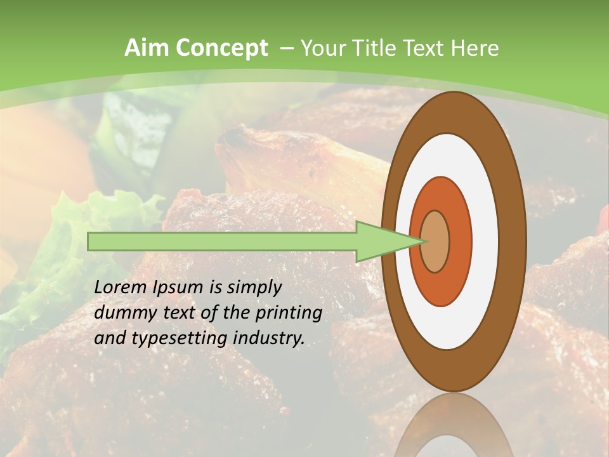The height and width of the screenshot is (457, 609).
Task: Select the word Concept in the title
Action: pyautogui.click(x=220, y=49)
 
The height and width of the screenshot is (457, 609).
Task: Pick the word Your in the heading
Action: pyautogui.click(x=324, y=48)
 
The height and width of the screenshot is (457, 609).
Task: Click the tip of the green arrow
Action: pyautogui.click(x=423, y=241)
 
